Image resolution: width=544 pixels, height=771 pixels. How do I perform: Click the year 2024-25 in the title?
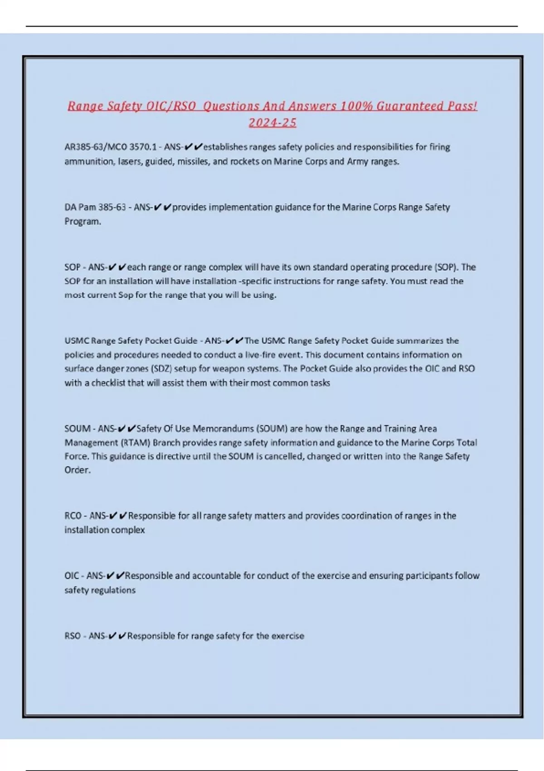pos(272,122)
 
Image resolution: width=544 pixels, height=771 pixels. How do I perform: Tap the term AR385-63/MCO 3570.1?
pos(110,147)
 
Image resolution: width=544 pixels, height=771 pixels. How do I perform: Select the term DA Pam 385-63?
pos(95,207)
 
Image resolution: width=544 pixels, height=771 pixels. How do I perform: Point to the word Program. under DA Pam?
pos(83,221)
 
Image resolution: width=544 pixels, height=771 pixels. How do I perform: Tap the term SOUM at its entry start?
pos(78,429)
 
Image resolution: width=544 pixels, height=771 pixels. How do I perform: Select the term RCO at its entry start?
pos(73,516)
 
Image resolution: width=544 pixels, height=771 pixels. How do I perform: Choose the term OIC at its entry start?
pos(71,576)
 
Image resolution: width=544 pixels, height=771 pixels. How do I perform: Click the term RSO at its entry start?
pos(72,636)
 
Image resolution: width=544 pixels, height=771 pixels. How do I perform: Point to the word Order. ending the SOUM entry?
pos(78,470)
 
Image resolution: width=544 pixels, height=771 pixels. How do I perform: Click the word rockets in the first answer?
pos(245,161)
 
